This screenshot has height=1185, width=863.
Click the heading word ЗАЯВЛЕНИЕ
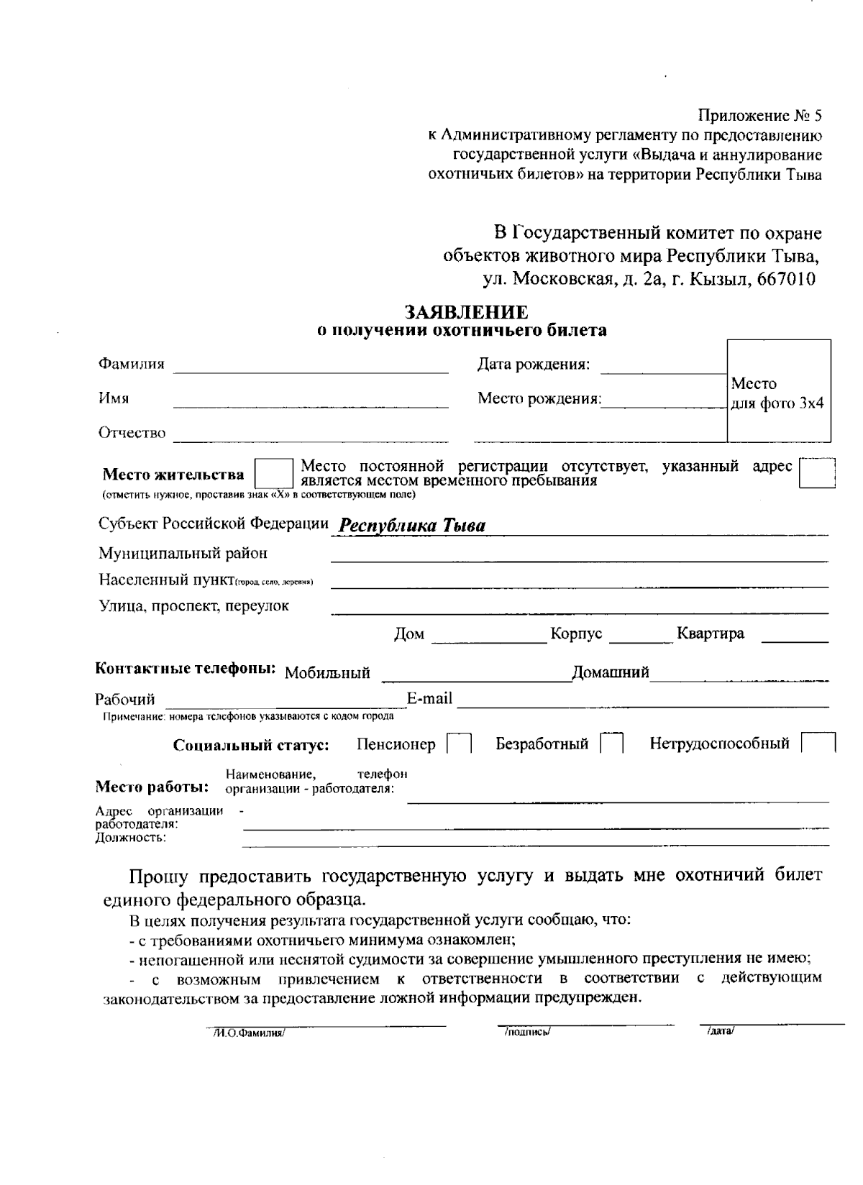[466, 312]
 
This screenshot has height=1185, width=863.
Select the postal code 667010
[786, 280]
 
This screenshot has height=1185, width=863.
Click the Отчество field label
[132, 433]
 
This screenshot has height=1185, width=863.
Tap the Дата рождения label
[534, 365]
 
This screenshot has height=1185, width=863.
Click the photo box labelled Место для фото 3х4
[779, 392]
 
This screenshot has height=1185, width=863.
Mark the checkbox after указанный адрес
[818, 473]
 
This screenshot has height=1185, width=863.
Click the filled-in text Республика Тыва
[412, 526]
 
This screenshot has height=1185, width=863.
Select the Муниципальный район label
[183, 553]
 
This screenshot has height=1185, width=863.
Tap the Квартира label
[711, 633]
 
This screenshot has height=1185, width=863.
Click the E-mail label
[429, 698]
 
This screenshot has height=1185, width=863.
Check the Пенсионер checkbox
[459, 744]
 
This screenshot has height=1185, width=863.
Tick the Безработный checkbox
[612, 744]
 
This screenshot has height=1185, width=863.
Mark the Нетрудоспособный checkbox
[818, 744]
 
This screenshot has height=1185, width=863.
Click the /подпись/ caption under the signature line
[527, 1032]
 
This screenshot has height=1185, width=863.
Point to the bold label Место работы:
[152, 786]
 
